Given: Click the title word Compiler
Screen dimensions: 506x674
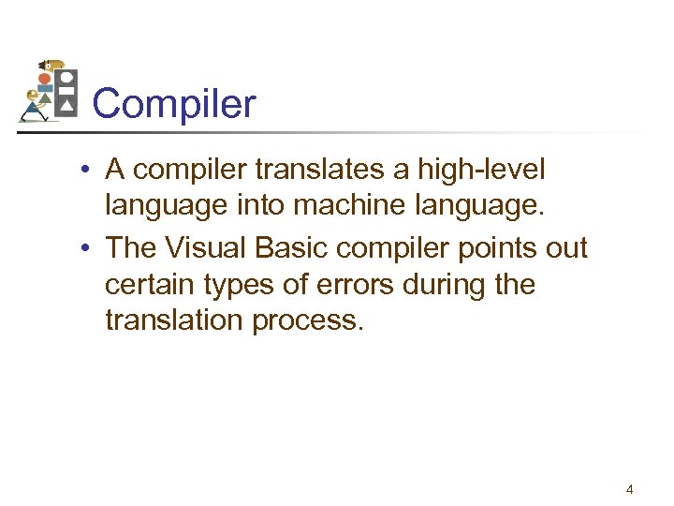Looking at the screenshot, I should pyautogui.click(x=174, y=104).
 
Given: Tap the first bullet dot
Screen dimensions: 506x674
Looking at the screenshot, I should pyautogui.click(x=84, y=171).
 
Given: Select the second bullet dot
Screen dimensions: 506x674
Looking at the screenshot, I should pyautogui.click(x=84, y=248).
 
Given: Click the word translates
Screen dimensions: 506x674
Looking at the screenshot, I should pyautogui.click(x=318, y=171).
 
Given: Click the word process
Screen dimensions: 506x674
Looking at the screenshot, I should pyautogui.click(x=313, y=320).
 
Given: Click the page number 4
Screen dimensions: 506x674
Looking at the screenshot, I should pyautogui.click(x=629, y=488).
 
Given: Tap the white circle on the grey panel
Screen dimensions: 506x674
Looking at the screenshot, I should pyautogui.click(x=66, y=76).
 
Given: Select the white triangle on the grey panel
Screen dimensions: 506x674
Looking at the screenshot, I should pyautogui.click(x=66, y=108).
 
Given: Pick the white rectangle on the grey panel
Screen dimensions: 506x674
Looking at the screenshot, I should pyautogui.click(x=66, y=92).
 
